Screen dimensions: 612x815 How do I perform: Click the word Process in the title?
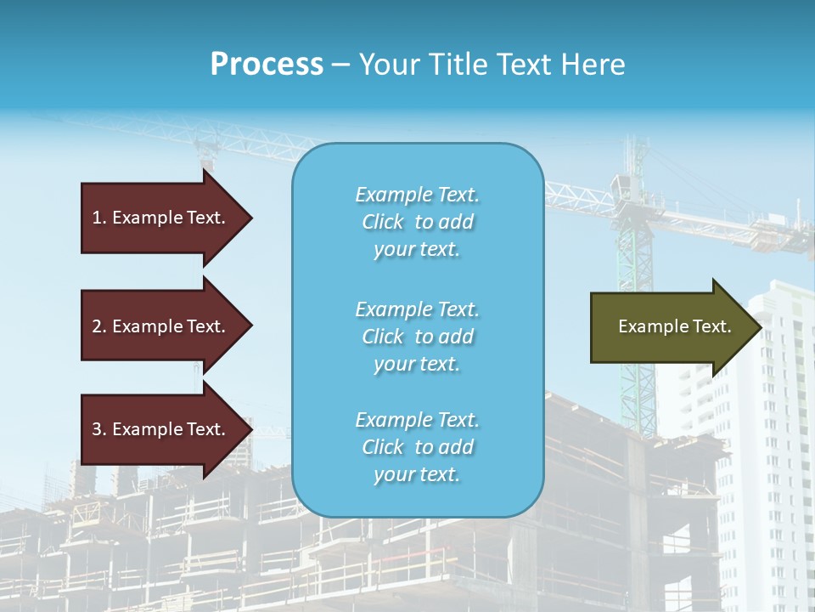click(267, 65)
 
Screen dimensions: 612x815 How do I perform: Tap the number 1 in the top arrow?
click(97, 218)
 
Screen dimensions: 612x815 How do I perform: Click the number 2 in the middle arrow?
click(97, 326)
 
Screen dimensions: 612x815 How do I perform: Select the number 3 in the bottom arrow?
click(97, 429)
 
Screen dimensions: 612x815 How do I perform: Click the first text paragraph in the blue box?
click(417, 222)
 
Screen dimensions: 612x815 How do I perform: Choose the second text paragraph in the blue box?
click(417, 337)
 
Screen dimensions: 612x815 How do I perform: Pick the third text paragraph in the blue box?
click(417, 447)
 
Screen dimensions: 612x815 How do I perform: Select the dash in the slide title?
click(341, 65)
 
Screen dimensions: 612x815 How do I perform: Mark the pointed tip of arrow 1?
click(251, 218)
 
